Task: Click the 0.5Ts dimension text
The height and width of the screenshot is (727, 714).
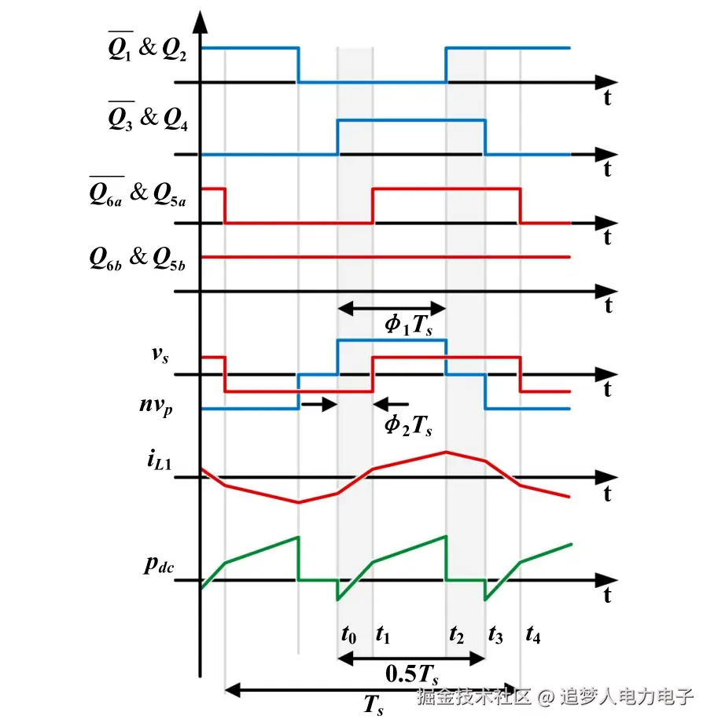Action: (411, 674)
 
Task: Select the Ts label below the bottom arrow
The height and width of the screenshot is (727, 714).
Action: (374, 705)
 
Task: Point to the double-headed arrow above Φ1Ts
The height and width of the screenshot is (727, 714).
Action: (392, 309)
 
